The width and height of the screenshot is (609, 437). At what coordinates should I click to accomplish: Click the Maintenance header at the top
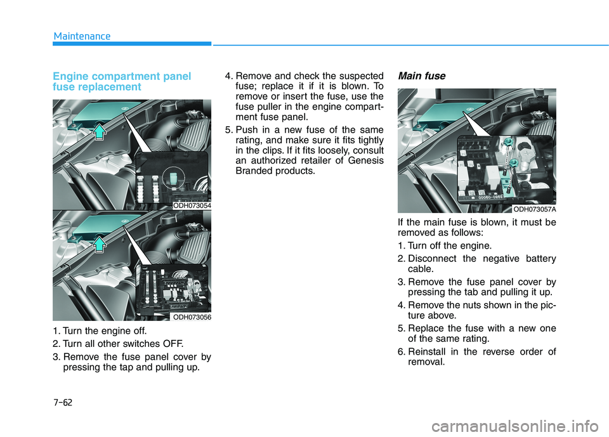click(x=82, y=36)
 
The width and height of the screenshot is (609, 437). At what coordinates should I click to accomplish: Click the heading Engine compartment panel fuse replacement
click(x=122, y=81)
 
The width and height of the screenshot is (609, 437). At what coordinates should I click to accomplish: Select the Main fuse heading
click(x=421, y=75)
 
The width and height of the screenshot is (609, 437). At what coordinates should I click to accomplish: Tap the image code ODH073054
click(x=192, y=205)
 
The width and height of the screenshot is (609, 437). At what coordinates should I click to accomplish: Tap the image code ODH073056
click(x=192, y=317)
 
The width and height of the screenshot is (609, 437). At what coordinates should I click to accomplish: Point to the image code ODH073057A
click(x=534, y=209)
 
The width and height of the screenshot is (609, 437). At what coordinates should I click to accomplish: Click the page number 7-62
click(x=63, y=402)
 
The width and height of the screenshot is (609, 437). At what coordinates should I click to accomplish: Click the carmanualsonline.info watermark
click(x=518, y=426)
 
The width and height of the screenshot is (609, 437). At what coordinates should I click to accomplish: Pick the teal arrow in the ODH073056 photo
click(x=100, y=244)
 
